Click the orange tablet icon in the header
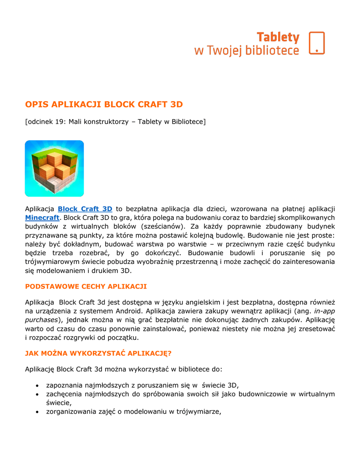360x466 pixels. coord(316,43)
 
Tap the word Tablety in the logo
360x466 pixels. coord(278,37)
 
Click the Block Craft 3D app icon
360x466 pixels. coord(54,168)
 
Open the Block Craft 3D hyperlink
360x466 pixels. coord(85,209)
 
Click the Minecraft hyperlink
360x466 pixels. coord(42,218)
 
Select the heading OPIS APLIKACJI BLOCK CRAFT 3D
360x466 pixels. coord(104,105)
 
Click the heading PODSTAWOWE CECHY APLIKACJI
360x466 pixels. coord(86,286)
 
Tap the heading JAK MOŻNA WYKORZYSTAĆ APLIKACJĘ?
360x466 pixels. coord(98,353)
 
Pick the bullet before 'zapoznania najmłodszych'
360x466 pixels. coord(36,385)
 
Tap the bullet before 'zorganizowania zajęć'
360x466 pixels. coord(36,412)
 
